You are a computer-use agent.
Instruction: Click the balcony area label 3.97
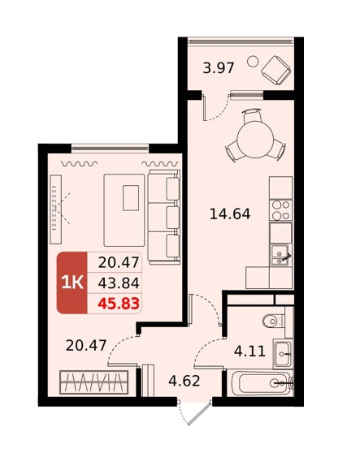(218, 68)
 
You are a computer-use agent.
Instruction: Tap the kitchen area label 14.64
(230, 214)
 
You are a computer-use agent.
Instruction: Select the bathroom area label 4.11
(249, 352)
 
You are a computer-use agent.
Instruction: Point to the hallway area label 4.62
(184, 381)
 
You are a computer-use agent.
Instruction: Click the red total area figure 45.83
(119, 304)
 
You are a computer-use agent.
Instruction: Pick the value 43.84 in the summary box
(119, 283)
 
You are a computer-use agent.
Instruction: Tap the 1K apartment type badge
(72, 283)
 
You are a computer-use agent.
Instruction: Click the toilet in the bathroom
(274, 321)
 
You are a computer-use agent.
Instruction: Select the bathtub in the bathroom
(262, 383)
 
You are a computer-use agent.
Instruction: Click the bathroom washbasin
(283, 354)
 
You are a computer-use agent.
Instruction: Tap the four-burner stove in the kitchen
(281, 210)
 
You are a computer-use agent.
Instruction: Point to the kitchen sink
(280, 255)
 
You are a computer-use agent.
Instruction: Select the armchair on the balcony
(275, 71)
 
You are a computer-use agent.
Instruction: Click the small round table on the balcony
(253, 61)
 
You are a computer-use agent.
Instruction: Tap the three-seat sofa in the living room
(164, 217)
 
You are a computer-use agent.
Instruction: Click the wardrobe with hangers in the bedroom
(93, 382)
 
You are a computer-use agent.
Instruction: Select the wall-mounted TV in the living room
(55, 209)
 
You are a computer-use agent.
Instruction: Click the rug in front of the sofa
(124, 210)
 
